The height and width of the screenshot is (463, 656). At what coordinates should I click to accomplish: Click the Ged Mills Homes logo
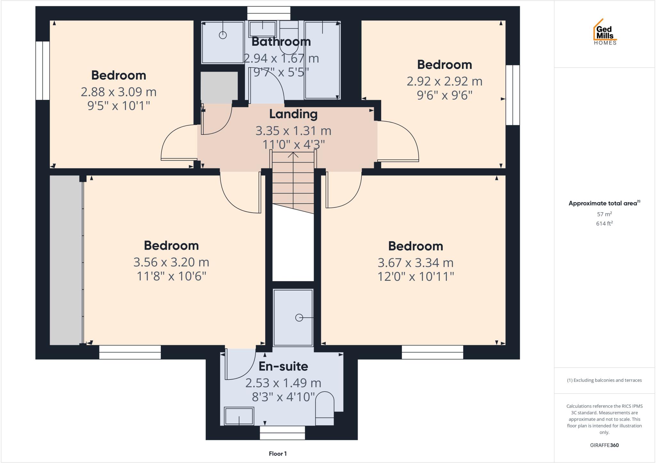[605, 32]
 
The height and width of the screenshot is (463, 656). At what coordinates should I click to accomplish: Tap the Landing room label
[293, 114]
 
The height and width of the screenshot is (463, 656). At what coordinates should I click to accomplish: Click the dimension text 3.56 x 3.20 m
[171, 262]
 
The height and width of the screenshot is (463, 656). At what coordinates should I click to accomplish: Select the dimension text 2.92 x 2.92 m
[444, 81]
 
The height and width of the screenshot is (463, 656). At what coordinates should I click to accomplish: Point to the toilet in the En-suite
[324, 408]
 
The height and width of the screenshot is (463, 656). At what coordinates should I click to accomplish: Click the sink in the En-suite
[239, 416]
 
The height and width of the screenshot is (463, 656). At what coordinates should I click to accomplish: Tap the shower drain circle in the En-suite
[299, 318]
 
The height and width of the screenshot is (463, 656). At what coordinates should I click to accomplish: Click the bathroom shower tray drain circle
[223, 35]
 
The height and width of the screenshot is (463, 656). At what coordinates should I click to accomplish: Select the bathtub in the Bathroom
[322, 60]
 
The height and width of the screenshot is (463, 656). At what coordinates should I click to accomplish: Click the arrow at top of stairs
[293, 155]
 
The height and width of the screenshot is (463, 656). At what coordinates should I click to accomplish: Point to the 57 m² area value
[604, 214]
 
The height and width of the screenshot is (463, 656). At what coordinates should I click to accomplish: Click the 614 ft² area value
[604, 223]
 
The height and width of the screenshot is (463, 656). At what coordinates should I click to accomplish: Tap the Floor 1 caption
[278, 454]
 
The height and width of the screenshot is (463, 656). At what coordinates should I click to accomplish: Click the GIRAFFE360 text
[604, 445]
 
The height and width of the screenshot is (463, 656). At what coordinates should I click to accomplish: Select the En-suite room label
[283, 366]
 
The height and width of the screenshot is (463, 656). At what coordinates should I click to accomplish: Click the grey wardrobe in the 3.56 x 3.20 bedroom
[66, 260]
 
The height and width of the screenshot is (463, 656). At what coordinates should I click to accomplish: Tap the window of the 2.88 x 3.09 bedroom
[42, 70]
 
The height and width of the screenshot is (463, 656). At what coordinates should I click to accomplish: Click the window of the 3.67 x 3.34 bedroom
[432, 352]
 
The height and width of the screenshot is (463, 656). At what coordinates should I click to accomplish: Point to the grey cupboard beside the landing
[219, 86]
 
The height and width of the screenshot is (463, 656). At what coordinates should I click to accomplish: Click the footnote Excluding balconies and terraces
[604, 380]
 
